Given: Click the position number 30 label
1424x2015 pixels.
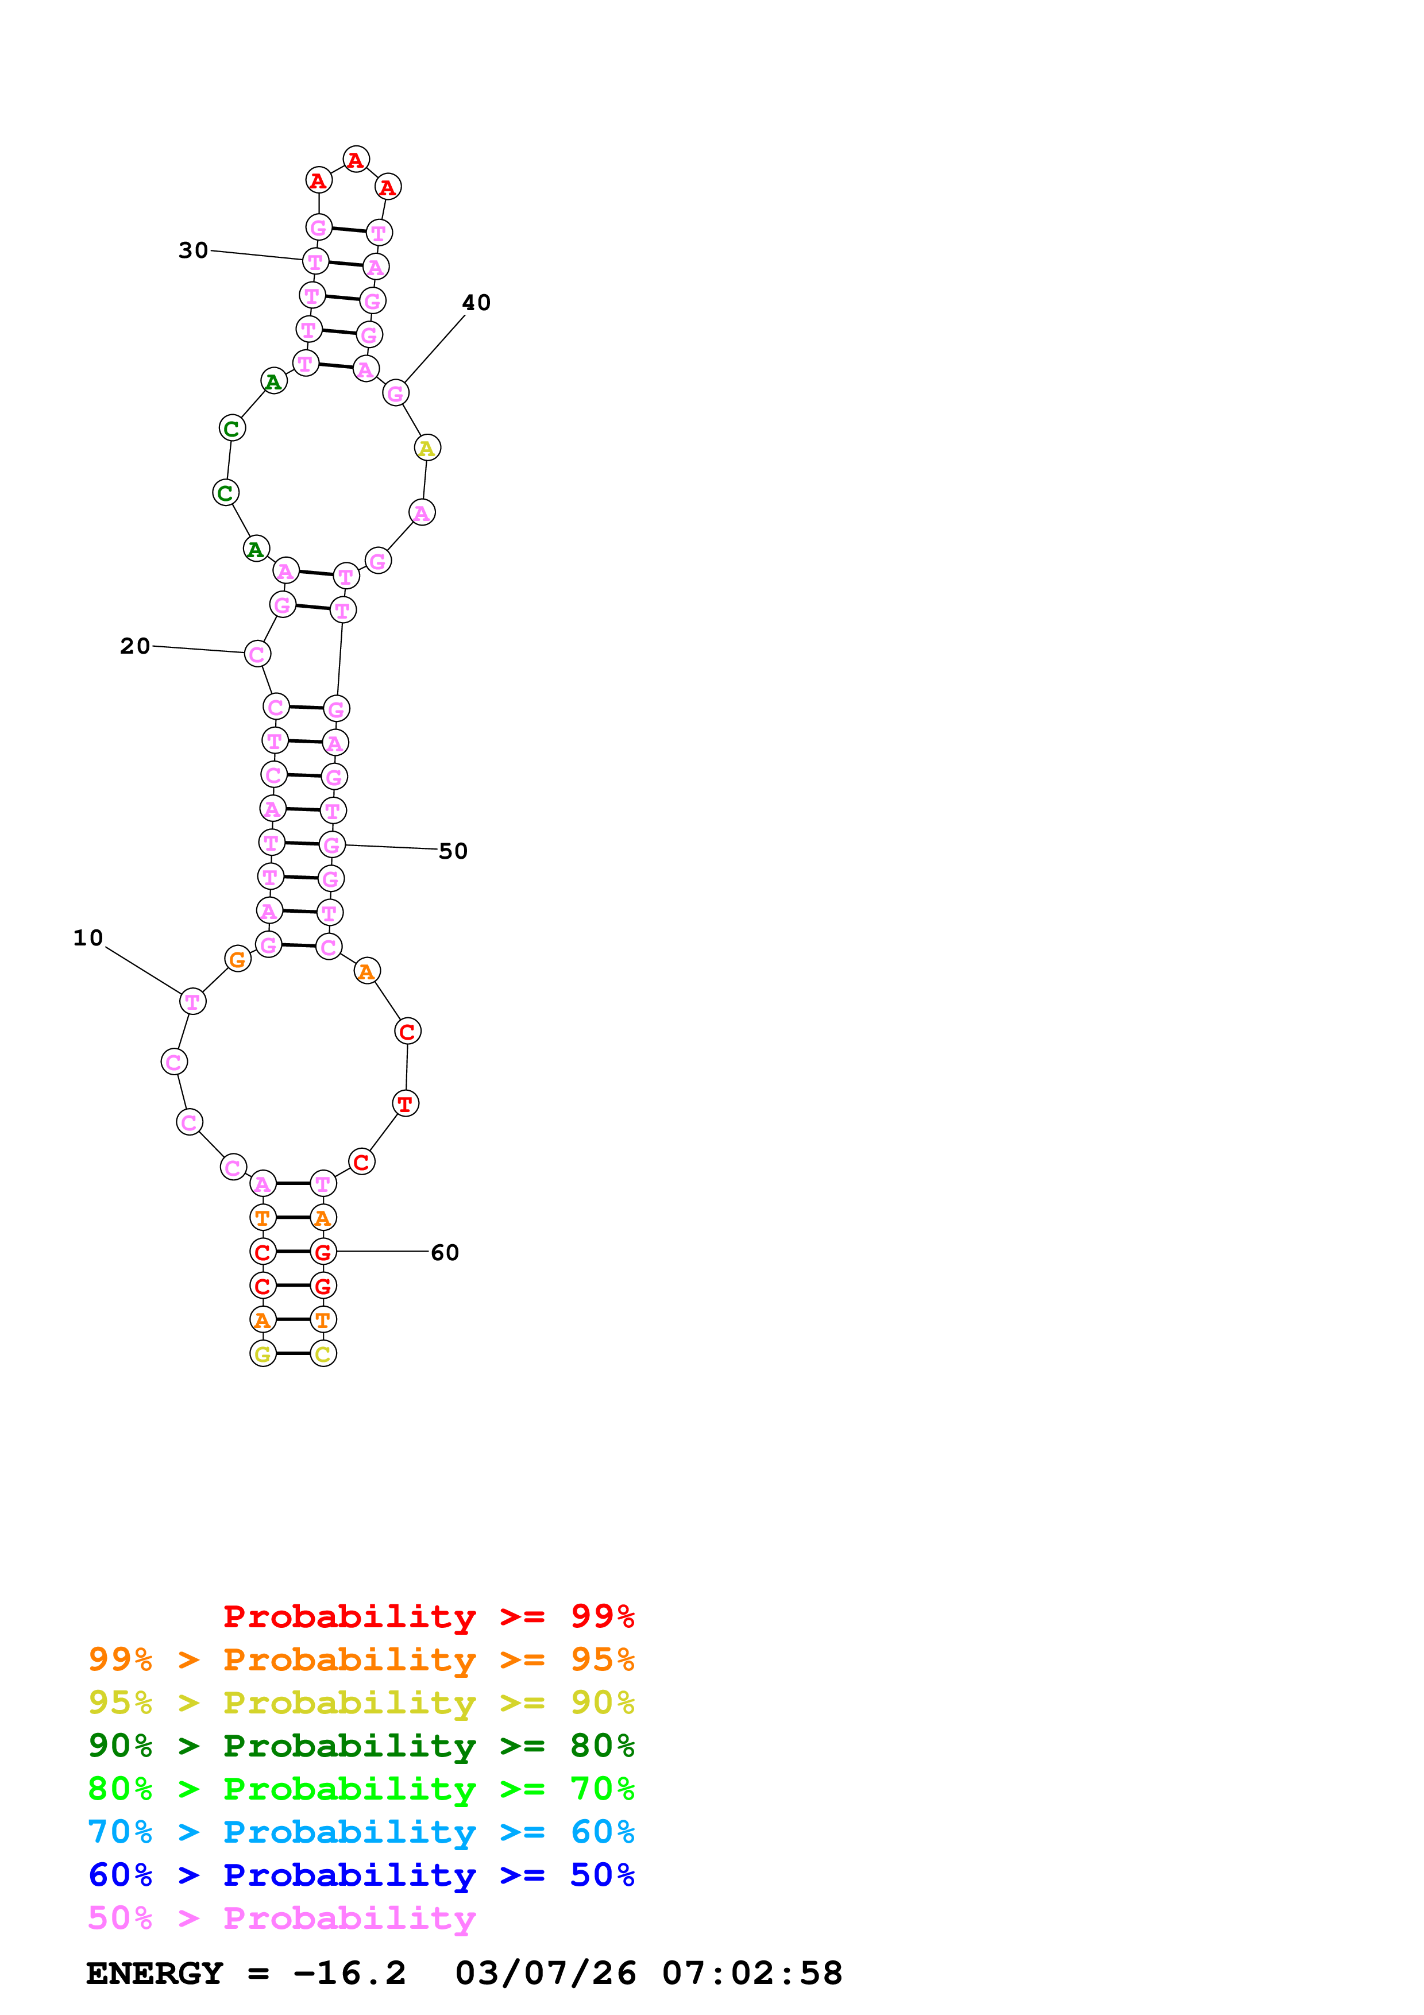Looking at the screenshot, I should (193, 251).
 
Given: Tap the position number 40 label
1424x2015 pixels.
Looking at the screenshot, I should (476, 303).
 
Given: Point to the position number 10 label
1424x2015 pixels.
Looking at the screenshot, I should (88, 938).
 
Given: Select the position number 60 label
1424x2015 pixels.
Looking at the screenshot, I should (445, 1252).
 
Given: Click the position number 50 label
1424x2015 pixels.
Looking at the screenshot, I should (453, 851).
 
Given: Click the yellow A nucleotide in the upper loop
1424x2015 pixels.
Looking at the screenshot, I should (427, 447).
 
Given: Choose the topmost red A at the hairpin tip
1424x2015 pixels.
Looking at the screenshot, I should (356, 160).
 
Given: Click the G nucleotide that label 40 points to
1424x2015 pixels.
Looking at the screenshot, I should (396, 393).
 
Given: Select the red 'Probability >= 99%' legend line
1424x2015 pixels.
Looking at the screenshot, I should (428, 1616).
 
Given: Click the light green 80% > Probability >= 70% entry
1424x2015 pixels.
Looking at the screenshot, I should (361, 1789).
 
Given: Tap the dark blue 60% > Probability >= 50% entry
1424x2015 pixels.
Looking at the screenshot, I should (361, 1875).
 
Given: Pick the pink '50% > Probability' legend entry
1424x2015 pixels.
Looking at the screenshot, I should (281, 1917).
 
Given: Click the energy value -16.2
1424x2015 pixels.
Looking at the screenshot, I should (349, 1973).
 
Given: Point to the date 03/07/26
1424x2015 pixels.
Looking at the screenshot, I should (545, 1973).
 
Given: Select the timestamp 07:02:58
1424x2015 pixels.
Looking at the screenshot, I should (752, 1973).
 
